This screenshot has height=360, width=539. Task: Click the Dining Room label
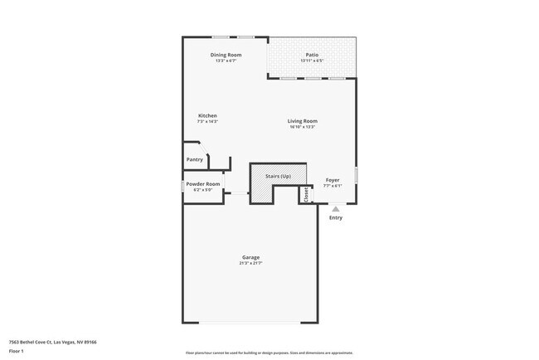pyautogui.click(x=226, y=55)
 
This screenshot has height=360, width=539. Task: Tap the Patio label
pyautogui.click(x=312, y=55)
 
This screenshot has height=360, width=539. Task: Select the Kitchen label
pyautogui.click(x=207, y=115)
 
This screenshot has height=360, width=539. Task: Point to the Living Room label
pyautogui.click(x=303, y=121)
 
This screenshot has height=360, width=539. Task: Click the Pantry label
pyautogui.click(x=195, y=159)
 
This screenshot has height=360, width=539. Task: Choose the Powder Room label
pyautogui.click(x=203, y=183)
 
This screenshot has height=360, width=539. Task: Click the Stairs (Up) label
pyautogui.click(x=278, y=177)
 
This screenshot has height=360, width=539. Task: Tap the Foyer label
pyautogui.click(x=332, y=180)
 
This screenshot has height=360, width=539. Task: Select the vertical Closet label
pyautogui.click(x=306, y=194)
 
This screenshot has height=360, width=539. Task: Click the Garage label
pyautogui.click(x=250, y=257)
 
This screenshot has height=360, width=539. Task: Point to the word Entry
pyautogui.click(x=336, y=218)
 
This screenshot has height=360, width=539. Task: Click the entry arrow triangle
pyautogui.click(x=336, y=209)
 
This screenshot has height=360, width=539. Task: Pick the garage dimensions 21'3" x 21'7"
pyautogui.click(x=250, y=263)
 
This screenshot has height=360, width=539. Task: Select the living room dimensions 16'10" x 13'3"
pyautogui.click(x=303, y=127)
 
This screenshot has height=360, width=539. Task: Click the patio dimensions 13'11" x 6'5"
pyautogui.click(x=312, y=61)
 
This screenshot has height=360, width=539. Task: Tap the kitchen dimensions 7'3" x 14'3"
pyautogui.click(x=207, y=121)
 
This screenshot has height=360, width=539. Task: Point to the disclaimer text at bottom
pyautogui.click(x=269, y=353)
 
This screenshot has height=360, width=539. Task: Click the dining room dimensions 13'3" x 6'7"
pyautogui.click(x=226, y=61)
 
